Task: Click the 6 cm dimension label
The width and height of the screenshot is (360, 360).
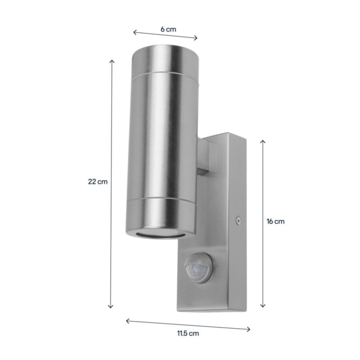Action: tap(168, 29)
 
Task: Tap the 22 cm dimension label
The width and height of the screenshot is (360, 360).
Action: tap(98, 182)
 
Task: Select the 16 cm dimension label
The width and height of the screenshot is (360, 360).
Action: tap(275, 221)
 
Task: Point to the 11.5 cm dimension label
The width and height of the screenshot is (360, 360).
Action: tap(188, 333)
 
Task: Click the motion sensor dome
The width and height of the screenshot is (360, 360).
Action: tap(198, 268)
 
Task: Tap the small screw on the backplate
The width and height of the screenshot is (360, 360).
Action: tap(238, 221)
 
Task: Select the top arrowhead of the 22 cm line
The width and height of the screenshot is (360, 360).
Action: tap(112, 61)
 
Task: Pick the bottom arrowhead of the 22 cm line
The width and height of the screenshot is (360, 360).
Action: tap(111, 306)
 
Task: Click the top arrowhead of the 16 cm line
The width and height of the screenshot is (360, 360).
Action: tap(263, 141)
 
